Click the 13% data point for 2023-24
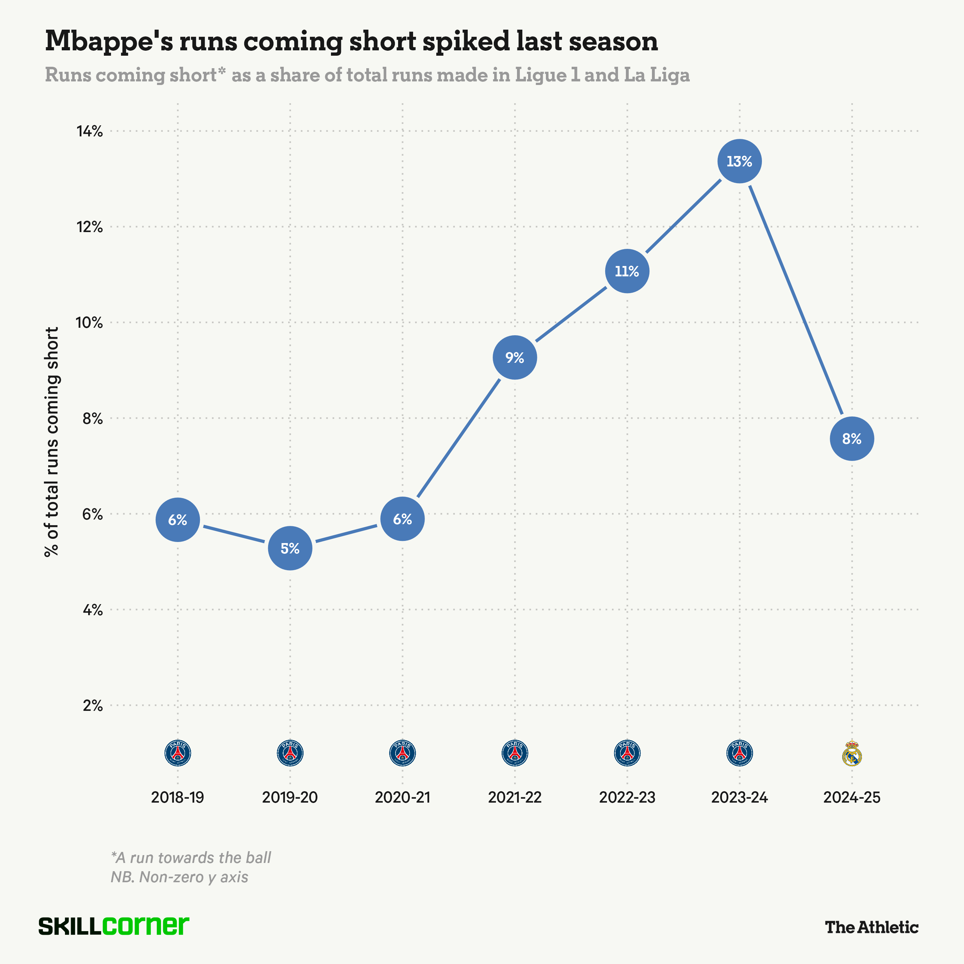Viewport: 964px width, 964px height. click(x=739, y=161)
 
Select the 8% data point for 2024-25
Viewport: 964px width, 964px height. click(x=852, y=438)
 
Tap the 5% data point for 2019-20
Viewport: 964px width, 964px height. click(x=290, y=548)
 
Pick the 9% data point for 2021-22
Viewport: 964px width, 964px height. click(x=514, y=357)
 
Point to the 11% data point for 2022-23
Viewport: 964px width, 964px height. click(x=627, y=271)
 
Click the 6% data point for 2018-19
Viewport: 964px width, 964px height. click(x=178, y=520)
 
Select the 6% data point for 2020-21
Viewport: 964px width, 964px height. click(x=402, y=519)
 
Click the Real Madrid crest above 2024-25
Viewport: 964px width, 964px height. click(x=852, y=753)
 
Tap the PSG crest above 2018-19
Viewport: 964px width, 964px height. click(x=178, y=753)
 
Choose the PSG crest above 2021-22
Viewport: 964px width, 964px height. click(x=514, y=753)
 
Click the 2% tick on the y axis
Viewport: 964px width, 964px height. click(x=93, y=706)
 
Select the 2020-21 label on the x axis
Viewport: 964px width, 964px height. click(x=402, y=797)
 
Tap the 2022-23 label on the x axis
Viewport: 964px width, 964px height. click(x=627, y=797)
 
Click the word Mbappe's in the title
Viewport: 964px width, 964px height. click(x=109, y=41)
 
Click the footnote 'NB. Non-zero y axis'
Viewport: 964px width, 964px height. click(x=180, y=877)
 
